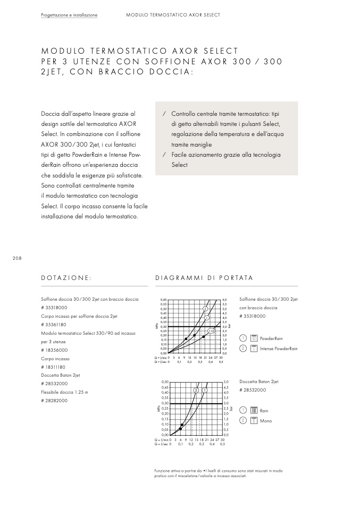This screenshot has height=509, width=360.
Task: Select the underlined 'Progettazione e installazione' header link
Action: point(69,15)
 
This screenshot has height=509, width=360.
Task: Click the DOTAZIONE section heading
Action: point(66,278)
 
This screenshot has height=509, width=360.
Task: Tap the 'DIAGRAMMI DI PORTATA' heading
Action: point(204,278)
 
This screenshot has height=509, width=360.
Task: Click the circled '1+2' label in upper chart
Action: point(211,331)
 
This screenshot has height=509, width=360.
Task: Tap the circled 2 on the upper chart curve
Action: point(205,309)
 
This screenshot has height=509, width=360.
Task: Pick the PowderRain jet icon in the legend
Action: point(254,338)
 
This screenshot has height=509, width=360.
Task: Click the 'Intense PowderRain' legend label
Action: point(279,349)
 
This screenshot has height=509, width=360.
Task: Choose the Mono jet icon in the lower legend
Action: point(254,421)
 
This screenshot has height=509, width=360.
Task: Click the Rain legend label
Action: point(264,411)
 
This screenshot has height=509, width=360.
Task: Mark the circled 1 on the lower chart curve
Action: point(204,391)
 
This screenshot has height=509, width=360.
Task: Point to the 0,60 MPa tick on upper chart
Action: point(163,300)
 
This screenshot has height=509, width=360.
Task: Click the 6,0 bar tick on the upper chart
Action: point(225,300)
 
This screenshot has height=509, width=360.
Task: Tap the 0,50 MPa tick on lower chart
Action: point(164,382)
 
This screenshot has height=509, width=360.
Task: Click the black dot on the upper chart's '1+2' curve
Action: point(204,336)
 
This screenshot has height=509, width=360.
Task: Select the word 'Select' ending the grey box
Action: point(180,165)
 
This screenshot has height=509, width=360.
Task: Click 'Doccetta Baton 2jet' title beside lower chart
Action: point(259,382)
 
